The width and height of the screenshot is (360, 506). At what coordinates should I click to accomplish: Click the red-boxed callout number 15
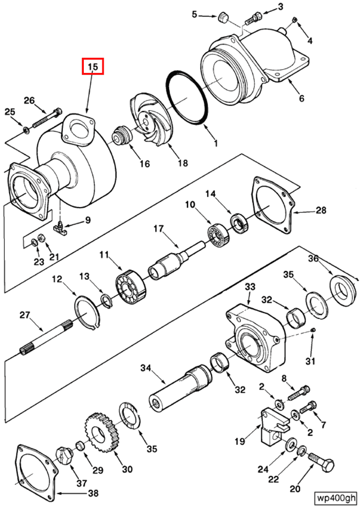[93, 67]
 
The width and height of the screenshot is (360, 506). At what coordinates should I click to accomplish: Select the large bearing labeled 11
[130, 287]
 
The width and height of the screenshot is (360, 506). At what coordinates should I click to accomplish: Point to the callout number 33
[250, 286]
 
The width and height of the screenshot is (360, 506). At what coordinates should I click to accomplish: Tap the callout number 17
[158, 229]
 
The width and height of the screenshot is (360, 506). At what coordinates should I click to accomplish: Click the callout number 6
[301, 98]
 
